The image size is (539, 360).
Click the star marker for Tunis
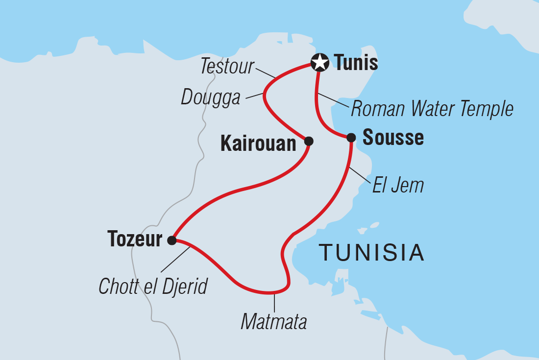point(319,63)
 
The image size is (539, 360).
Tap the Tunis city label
point(356,63)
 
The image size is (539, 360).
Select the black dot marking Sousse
point(351,138)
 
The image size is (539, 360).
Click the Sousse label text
point(393,138)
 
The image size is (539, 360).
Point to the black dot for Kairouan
point(309,141)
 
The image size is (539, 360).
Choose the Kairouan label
point(259,143)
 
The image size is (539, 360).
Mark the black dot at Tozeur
point(171,240)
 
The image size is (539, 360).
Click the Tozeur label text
point(135,240)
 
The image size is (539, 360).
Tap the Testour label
point(228,67)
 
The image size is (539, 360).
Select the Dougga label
point(211,97)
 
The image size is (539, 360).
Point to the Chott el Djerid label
point(153,287)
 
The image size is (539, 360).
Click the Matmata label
point(274,322)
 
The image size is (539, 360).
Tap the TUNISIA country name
point(371,252)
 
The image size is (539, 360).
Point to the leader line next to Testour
point(267,73)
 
